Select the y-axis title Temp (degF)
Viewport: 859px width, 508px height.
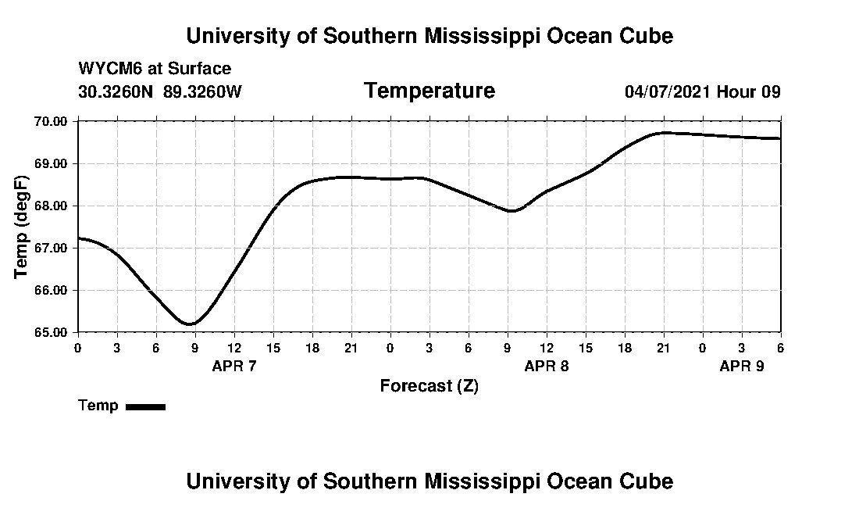pos(22,227)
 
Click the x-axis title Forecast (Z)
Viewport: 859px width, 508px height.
pos(429,385)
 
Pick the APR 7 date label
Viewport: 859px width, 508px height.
pos(234,366)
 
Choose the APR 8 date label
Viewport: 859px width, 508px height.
pos(546,366)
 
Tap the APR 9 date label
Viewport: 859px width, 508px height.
pos(741,366)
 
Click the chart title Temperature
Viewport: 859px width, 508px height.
pos(429,91)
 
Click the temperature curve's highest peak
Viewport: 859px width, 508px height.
pos(663,133)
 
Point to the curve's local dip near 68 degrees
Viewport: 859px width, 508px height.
pos(511,211)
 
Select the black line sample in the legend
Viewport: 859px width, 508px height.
pos(145,406)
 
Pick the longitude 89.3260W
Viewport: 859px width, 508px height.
pos(202,92)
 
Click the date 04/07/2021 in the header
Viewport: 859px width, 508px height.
pos(668,92)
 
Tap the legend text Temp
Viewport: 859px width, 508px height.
pos(98,406)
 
